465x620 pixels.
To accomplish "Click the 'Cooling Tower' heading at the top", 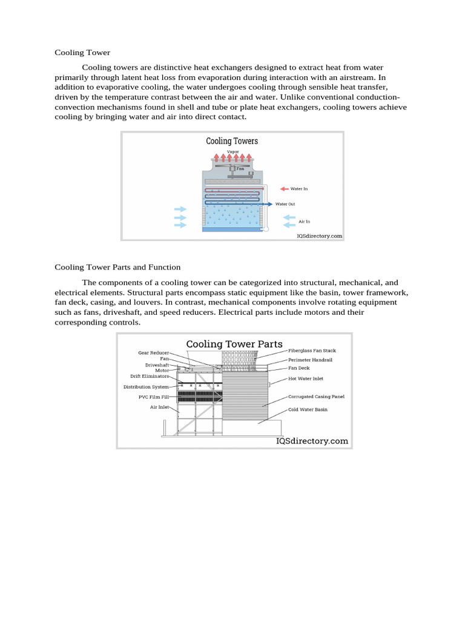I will click(x=82, y=53).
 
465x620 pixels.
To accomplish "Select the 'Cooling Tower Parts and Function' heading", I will click(x=117, y=267).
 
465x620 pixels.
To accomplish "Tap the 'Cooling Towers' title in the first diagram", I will click(x=232, y=141).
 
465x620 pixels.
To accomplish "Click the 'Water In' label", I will click(x=299, y=189).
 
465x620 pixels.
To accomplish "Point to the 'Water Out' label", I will click(x=285, y=204).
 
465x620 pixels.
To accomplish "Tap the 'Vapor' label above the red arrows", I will click(x=232, y=151).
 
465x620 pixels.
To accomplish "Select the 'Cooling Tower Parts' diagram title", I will click(x=234, y=345).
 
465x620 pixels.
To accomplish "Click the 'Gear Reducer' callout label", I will click(x=153, y=352).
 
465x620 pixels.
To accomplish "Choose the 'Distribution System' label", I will click(x=146, y=386).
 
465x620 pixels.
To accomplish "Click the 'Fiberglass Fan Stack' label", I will click(x=312, y=351).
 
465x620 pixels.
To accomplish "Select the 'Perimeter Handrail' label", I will click(x=310, y=360).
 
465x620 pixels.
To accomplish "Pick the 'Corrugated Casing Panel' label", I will click(x=316, y=397).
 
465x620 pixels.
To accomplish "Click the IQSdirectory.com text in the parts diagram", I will click(x=312, y=441).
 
